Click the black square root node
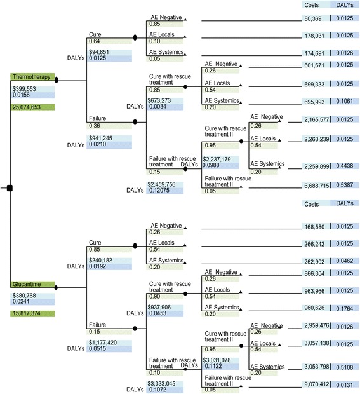point(10,187)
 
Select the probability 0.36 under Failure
point(93,126)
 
